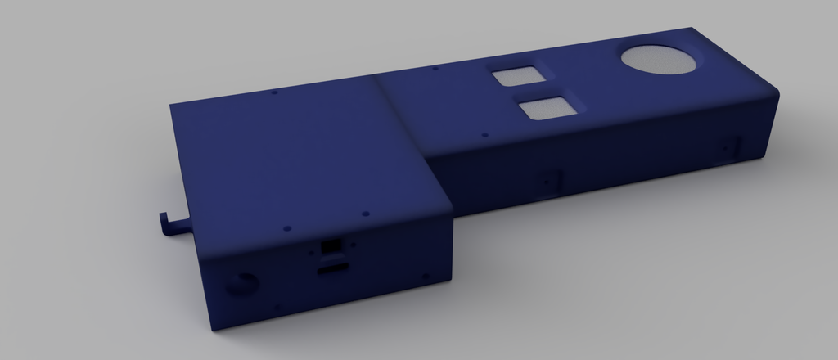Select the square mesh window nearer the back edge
point(516,76)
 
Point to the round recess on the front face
point(241,284)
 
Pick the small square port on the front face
point(331,244)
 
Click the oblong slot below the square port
point(331,268)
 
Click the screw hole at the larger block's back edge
point(273,92)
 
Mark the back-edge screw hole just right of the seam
point(435,69)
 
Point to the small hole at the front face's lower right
point(426,277)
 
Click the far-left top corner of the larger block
point(171,105)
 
